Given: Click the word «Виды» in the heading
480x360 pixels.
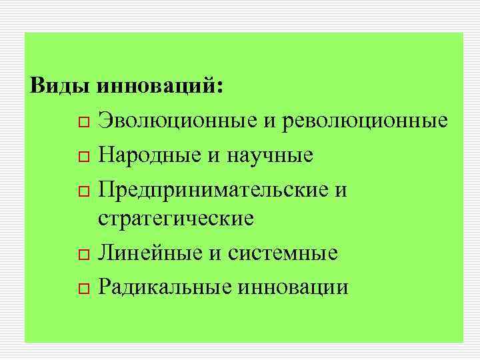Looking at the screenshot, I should [x=61, y=87].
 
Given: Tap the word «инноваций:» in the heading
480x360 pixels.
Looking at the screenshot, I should [x=161, y=87].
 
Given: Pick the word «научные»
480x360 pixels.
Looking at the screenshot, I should [x=269, y=155].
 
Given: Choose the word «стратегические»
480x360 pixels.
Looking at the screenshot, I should [x=176, y=219].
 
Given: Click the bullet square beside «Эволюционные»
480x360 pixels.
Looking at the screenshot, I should [x=81, y=123].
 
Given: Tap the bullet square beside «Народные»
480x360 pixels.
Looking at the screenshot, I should [x=81, y=157].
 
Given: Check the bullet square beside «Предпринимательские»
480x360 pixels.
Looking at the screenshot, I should [x=81, y=191].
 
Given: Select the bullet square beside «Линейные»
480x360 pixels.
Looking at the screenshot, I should [x=81, y=255].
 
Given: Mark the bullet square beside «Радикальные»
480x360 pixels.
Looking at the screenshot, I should [x=81, y=289].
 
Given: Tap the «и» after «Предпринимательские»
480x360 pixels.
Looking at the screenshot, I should [x=341, y=190].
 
